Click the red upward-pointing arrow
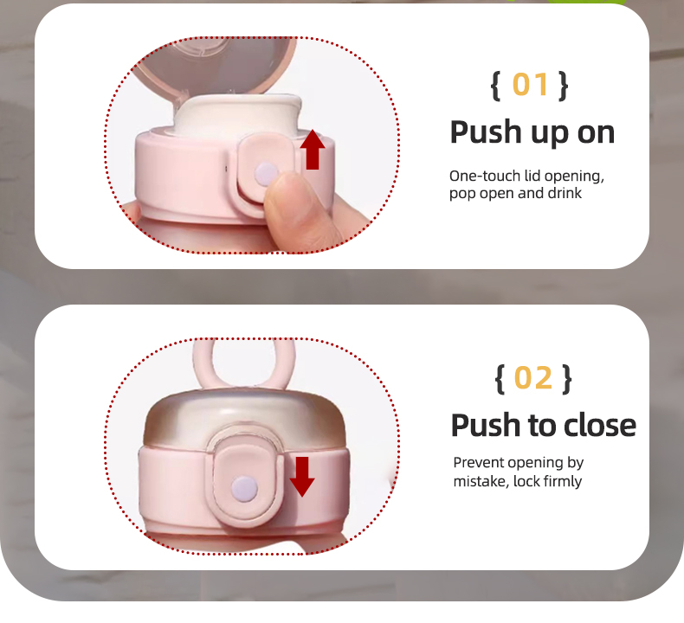point(313,150)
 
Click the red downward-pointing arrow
point(302,477)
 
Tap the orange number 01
point(530,85)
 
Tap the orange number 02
point(533,377)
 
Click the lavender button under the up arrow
point(266,174)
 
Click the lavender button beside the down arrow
point(245,488)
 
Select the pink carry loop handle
point(244,363)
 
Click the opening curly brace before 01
point(495,86)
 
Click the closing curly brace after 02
point(566,379)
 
